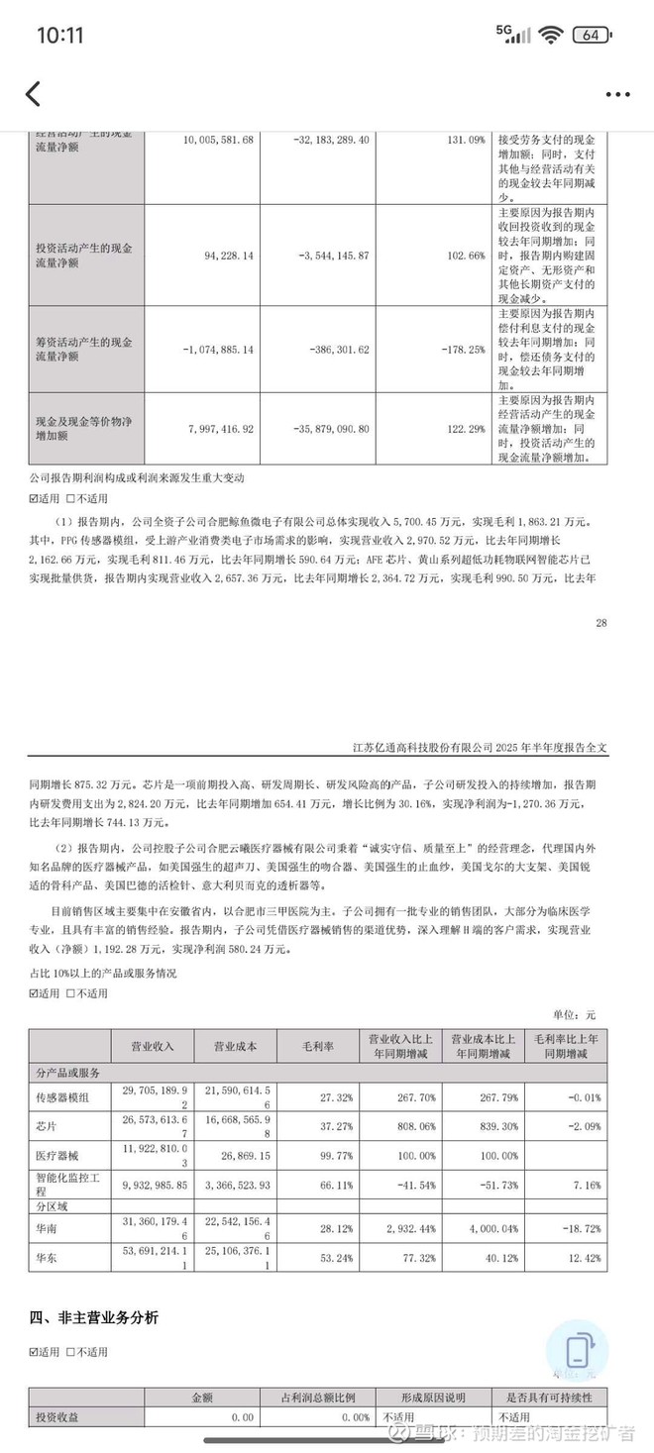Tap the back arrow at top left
pos(33,94)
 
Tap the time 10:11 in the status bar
pos(60,36)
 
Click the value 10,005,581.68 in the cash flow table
pos(219,141)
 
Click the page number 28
pos(601,623)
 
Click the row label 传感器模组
pos(61,1096)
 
